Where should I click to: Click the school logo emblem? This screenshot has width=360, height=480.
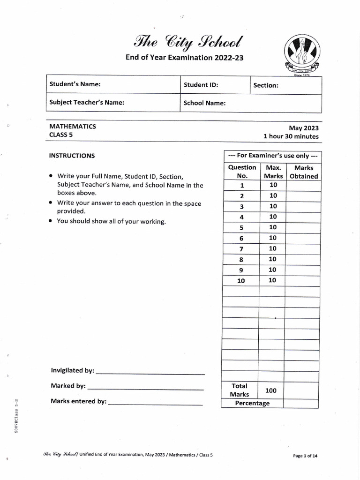click(x=302, y=54)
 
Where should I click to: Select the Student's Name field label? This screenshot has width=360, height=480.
click(x=75, y=85)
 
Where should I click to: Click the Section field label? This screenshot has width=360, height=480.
click(x=266, y=85)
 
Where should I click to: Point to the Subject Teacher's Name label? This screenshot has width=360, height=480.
click(x=87, y=103)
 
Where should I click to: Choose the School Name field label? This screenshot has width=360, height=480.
click(x=205, y=103)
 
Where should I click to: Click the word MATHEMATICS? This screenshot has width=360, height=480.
click(x=73, y=127)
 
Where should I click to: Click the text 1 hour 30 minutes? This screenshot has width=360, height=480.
click(x=291, y=136)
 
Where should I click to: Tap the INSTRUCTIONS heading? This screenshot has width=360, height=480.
click(x=72, y=156)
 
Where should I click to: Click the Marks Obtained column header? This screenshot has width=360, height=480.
click(x=304, y=172)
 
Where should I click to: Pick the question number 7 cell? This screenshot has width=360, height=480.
click(x=241, y=249)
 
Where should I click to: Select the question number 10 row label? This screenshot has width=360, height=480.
click(x=241, y=281)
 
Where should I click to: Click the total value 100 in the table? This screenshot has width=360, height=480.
click(x=271, y=390)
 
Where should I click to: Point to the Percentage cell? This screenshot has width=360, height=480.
click(x=252, y=403)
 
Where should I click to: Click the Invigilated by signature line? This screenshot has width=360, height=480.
click(x=150, y=374)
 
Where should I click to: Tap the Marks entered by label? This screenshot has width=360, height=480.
click(x=79, y=402)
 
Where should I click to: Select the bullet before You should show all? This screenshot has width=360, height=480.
click(x=51, y=221)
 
